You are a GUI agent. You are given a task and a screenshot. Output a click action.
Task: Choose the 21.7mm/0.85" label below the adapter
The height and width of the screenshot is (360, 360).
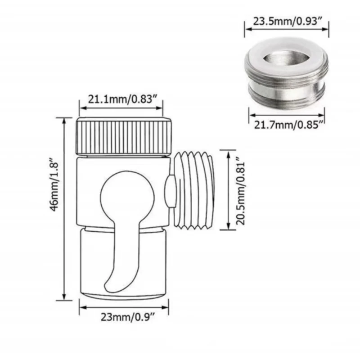pyautogui.click(x=287, y=125)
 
